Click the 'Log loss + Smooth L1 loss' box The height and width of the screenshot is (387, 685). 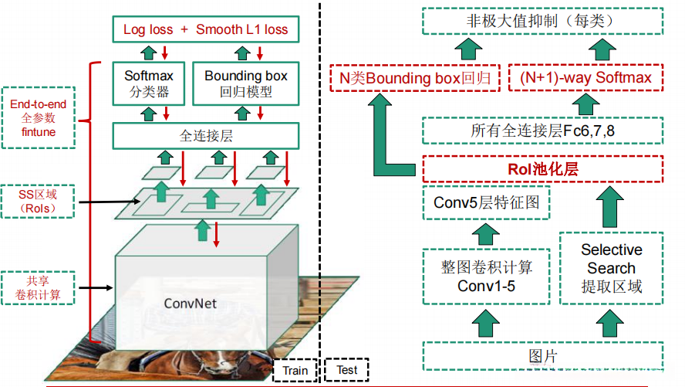click(205, 29)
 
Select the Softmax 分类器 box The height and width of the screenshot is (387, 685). click(149, 85)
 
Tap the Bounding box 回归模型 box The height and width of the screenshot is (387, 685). click(245, 85)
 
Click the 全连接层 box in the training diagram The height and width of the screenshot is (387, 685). click(205, 136)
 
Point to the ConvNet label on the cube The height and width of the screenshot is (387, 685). click(191, 304)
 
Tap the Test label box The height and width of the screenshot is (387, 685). click(347, 370)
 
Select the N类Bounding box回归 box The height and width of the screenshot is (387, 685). click(415, 77)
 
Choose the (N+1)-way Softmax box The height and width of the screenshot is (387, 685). click(585, 77)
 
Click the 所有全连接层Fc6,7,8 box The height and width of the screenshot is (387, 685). click(542, 131)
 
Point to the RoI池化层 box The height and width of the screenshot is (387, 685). click(542, 168)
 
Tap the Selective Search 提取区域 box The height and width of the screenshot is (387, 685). click(611, 269)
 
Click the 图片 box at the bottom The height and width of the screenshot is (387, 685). click(542, 356)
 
